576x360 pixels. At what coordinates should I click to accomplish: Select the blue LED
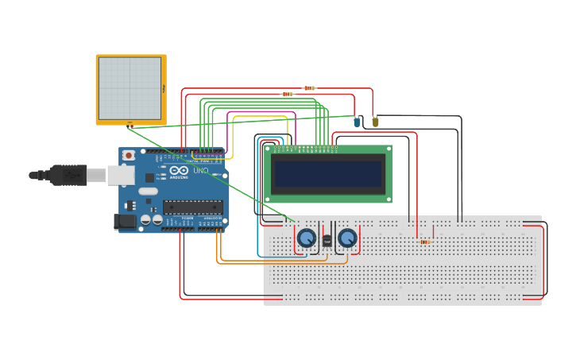tap(357, 122)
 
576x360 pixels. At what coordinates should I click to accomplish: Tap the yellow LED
tap(375, 122)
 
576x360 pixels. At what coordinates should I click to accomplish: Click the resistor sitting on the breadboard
tap(424, 242)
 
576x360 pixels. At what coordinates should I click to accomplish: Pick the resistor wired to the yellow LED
tap(309, 88)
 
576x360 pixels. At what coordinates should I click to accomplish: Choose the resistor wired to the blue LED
tap(287, 94)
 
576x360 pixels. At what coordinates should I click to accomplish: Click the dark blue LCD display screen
tap(328, 173)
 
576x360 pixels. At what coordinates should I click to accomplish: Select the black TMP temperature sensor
tap(327, 240)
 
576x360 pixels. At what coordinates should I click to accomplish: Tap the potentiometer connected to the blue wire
tap(306, 238)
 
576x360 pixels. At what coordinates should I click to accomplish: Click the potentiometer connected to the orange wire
tap(347, 238)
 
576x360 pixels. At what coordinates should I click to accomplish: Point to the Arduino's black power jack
tap(125, 222)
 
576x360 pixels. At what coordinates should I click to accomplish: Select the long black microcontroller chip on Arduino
tap(192, 207)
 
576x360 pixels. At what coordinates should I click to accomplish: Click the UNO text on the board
tap(200, 171)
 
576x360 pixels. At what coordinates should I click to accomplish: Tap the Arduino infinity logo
tap(180, 171)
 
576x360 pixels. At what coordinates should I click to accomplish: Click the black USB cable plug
tap(68, 174)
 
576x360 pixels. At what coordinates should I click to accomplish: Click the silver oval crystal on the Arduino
tap(149, 191)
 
